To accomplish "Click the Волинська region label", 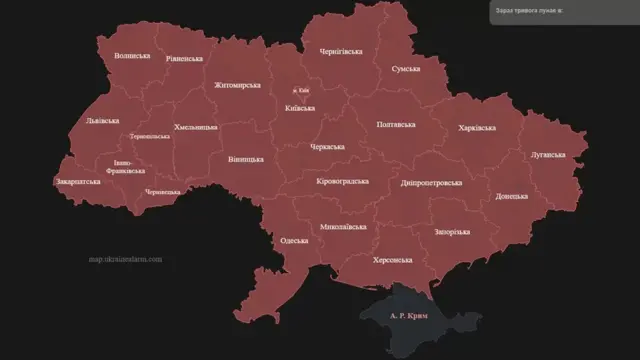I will click(132, 56).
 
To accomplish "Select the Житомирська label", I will click(235, 85).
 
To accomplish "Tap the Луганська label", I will click(547, 155).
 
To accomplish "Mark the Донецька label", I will click(511, 196).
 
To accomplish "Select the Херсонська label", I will click(392, 259).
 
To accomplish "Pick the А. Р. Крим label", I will click(407, 316).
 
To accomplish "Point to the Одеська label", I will click(294, 241).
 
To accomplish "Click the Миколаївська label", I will click(343, 227).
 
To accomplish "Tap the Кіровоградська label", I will click(343, 181).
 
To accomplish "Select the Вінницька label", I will click(245, 159).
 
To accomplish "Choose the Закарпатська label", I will click(78, 183).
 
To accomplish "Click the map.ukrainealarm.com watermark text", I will click(125, 259).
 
